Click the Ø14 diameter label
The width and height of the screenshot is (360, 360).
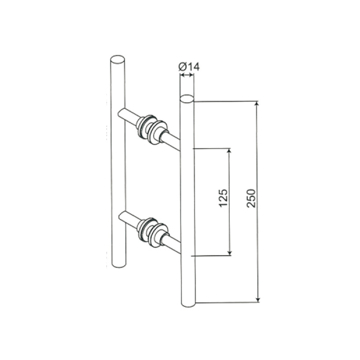(x=189, y=67)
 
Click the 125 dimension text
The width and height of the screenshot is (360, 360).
(x=223, y=198)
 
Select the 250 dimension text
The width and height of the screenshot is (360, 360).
(x=251, y=198)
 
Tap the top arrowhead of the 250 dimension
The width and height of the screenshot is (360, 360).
(x=257, y=104)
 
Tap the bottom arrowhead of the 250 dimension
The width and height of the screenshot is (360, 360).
(x=258, y=299)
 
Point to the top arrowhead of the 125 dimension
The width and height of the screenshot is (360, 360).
(x=229, y=151)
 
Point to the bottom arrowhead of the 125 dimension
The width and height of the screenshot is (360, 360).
(x=229, y=252)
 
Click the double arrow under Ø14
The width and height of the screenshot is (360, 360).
(x=186, y=75)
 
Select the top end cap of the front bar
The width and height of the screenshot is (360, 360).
(x=187, y=98)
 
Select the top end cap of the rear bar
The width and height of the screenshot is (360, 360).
(x=117, y=59)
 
